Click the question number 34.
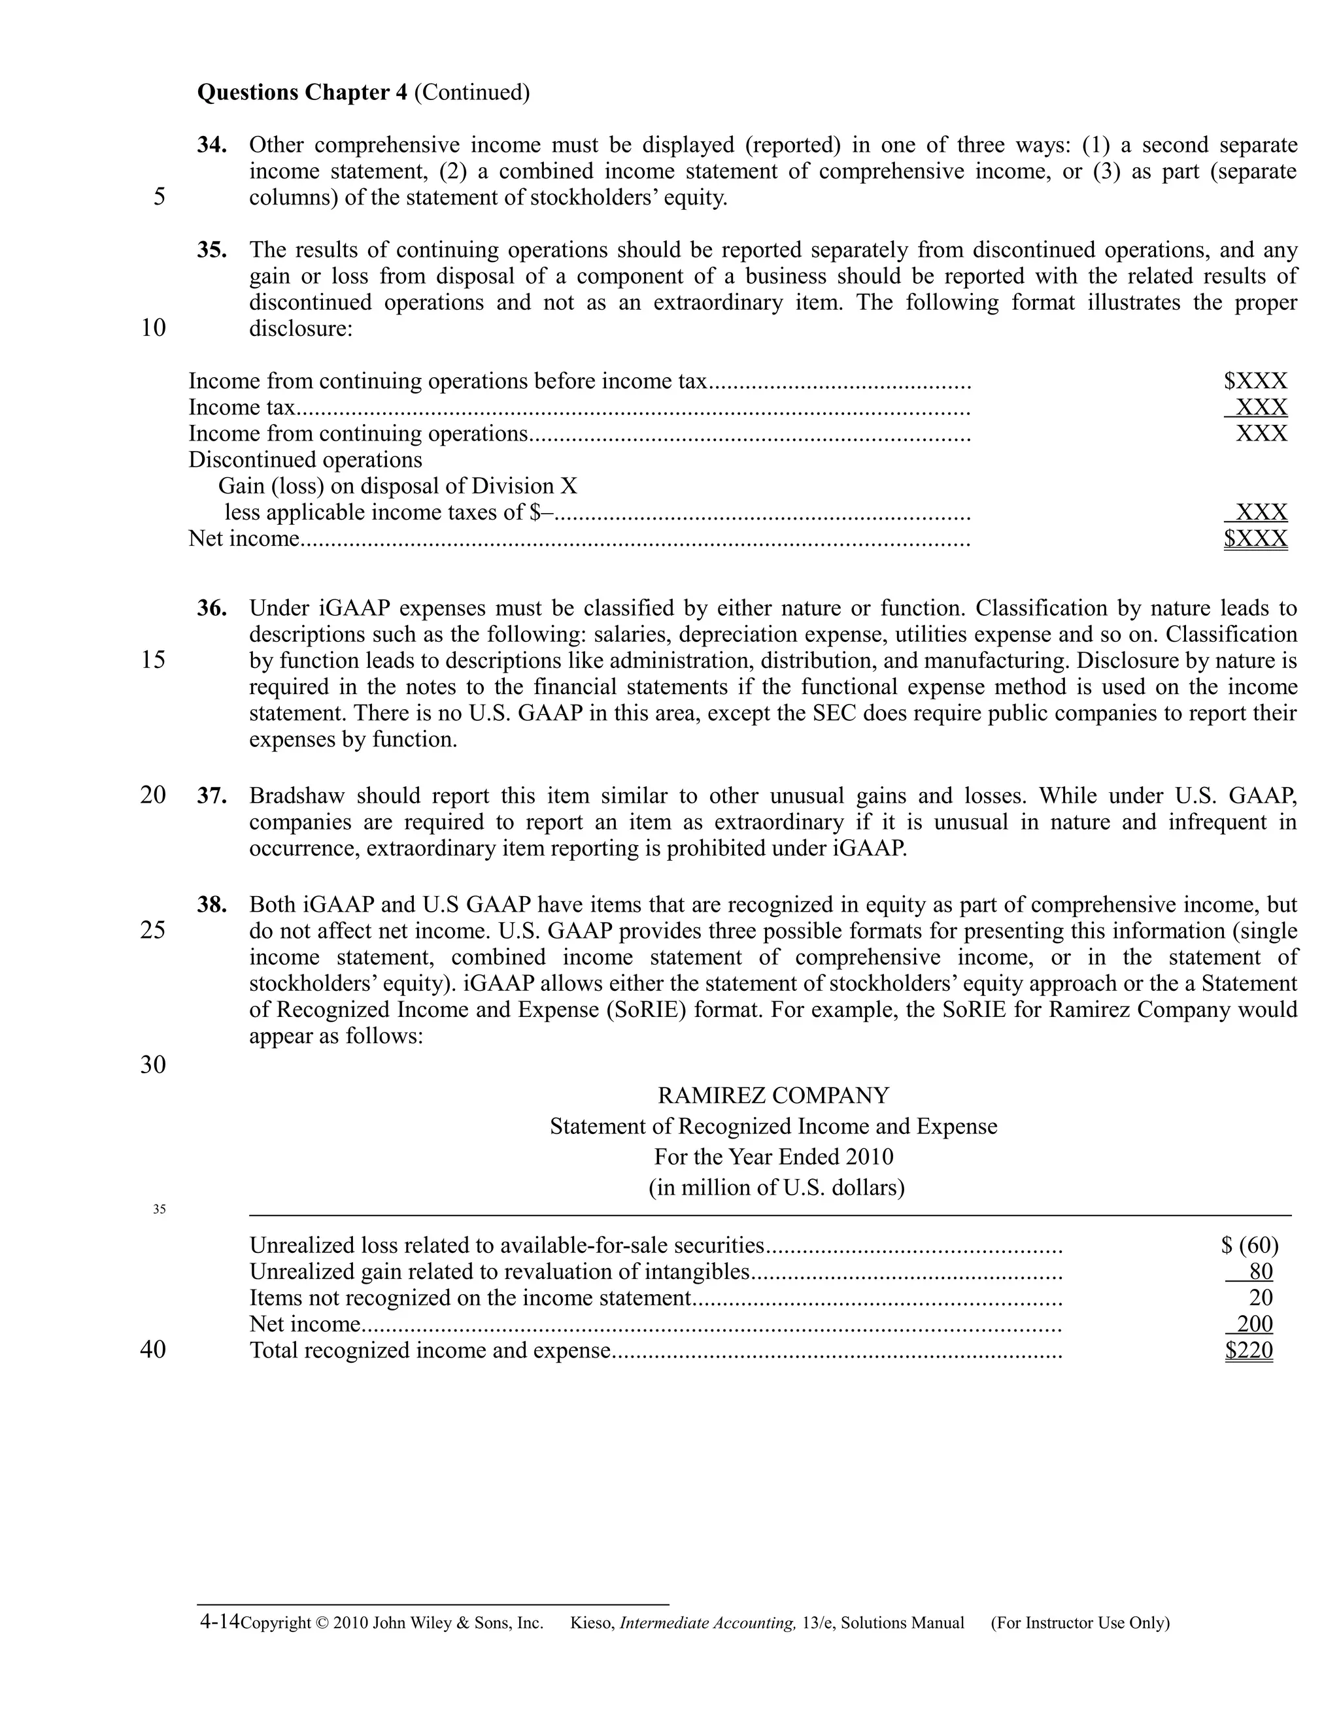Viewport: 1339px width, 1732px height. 212,146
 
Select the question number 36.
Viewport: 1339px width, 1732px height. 212,609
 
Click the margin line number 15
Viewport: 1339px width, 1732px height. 153,660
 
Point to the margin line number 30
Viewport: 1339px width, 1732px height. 153,1064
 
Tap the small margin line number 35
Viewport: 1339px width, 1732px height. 160,1209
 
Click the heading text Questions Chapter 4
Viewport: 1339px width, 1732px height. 302,93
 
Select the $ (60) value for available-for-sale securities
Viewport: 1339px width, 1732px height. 1250,1246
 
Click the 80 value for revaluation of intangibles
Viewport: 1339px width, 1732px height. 1261,1272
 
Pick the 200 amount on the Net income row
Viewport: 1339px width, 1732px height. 1254,1324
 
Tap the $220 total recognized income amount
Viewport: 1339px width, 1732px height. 1249,1350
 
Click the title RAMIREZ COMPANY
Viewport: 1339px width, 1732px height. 773,1096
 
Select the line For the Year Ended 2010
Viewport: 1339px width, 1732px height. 773,1157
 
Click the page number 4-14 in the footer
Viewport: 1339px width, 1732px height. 219,1622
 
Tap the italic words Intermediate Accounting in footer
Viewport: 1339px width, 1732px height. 707,1624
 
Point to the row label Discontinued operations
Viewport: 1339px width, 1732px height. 305,460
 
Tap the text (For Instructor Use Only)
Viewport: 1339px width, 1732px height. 1079,1624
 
